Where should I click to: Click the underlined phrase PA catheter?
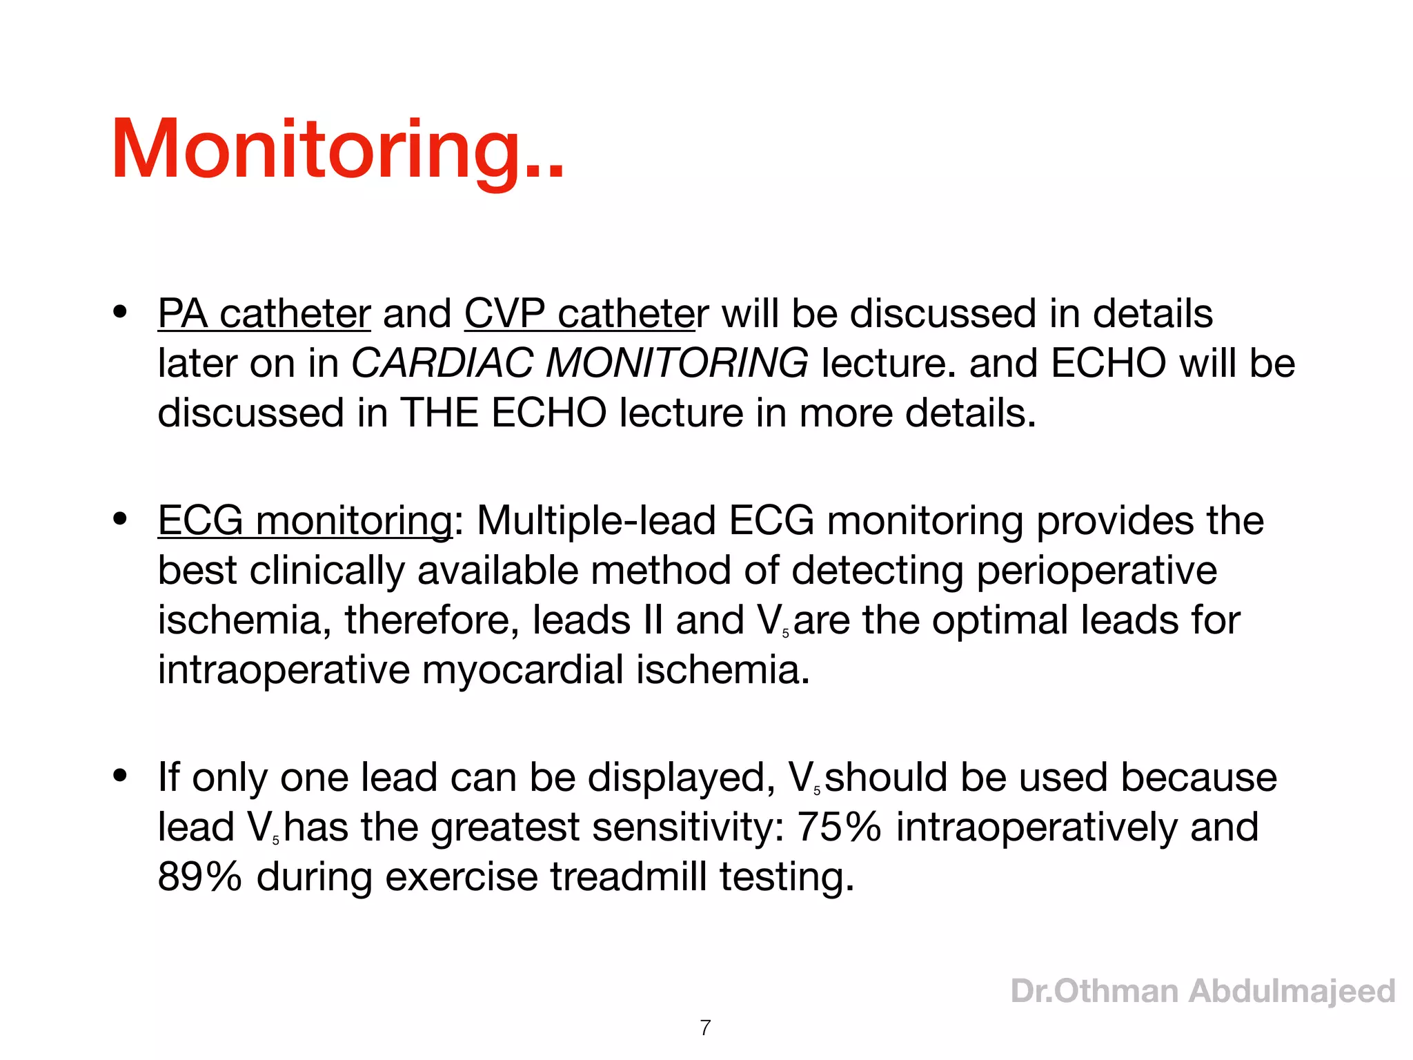click(264, 314)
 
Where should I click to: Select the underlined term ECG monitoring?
click(305, 520)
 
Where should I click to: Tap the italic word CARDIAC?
click(442, 363)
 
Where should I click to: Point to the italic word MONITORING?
click(677, 363)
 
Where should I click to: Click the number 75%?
click(839, 827)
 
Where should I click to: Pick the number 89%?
click(200, 876)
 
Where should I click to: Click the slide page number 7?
click(705, 1028)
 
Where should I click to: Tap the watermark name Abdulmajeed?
click(1292, 991)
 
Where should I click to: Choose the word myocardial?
click(522, 669)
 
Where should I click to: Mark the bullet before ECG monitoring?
click(121, 519)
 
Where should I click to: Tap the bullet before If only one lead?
click(121, 776)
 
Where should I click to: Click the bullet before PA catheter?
click(121, 312)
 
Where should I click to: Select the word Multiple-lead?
click(596, 520)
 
